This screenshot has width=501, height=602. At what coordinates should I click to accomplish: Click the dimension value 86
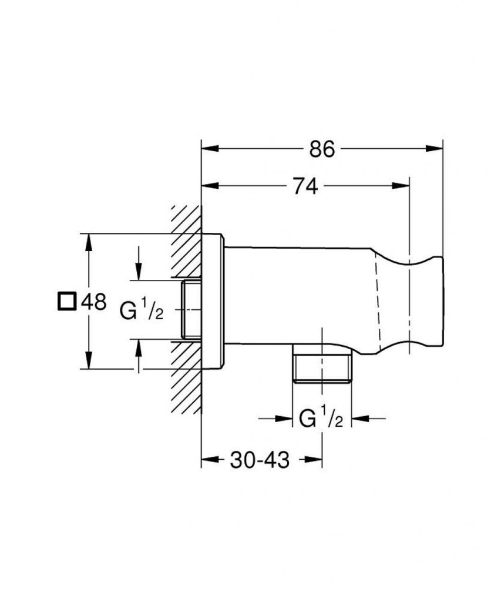(322, 150)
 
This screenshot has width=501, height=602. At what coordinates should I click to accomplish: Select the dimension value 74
(304, 186)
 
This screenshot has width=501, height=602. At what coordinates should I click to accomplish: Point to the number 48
(93, 302)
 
